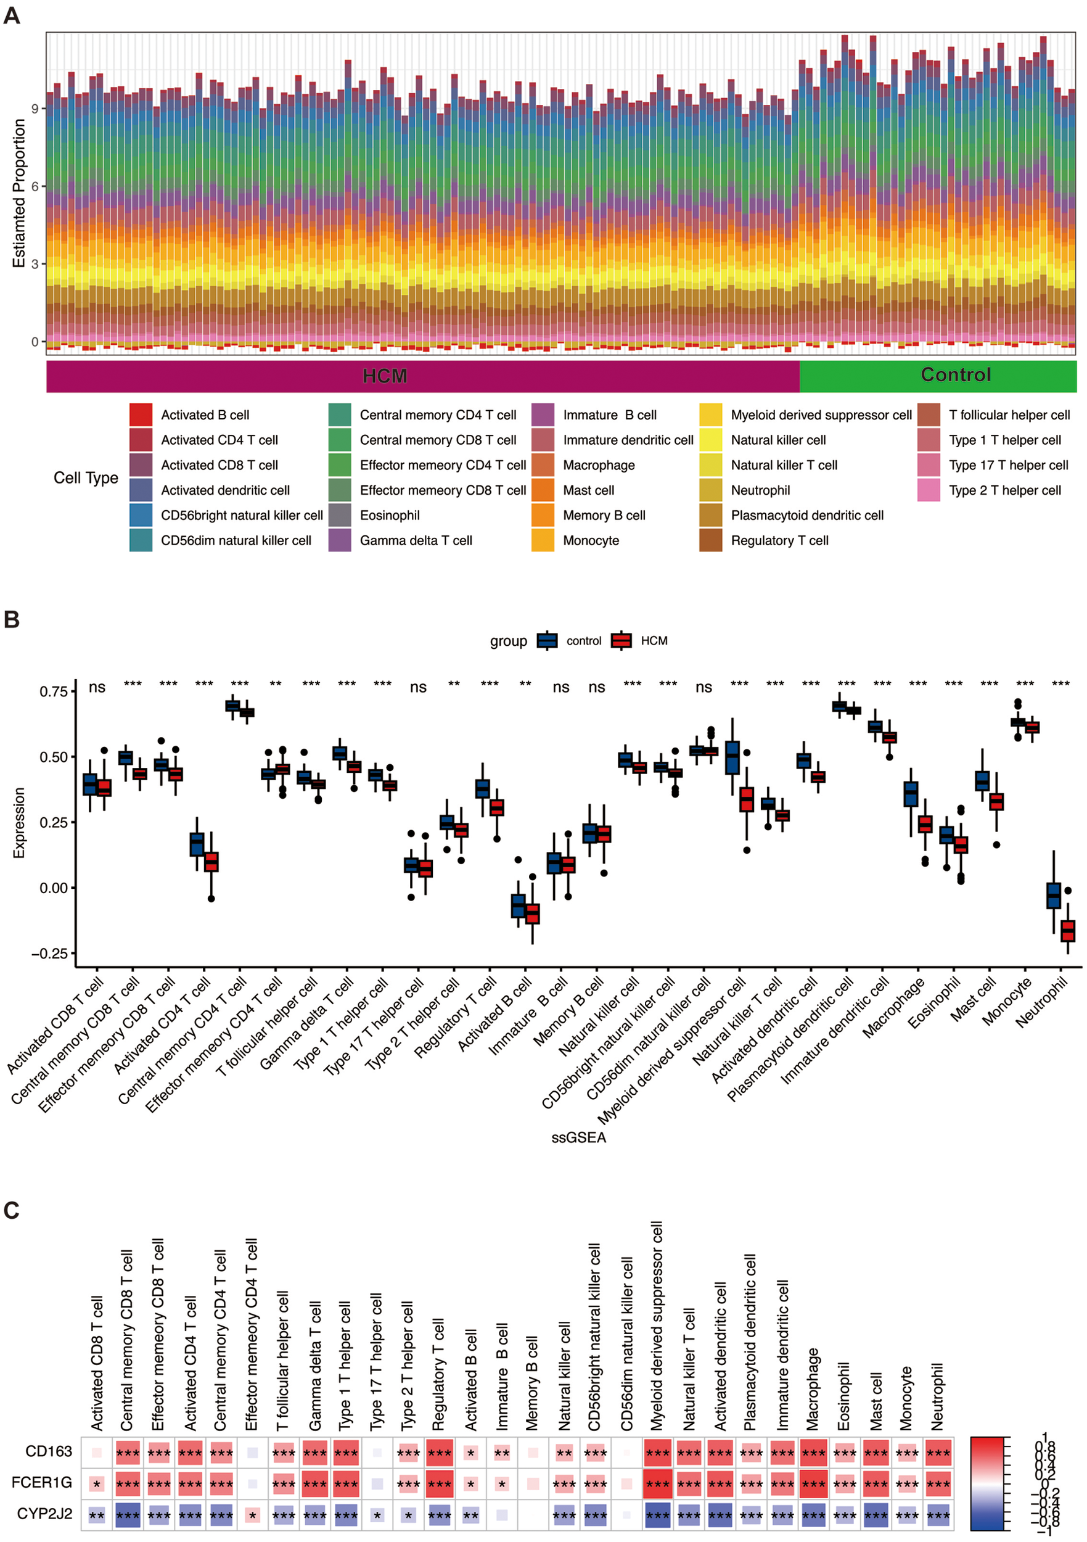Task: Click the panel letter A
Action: point(12,15)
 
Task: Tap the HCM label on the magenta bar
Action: point(384,376)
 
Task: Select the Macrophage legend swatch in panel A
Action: point(542,464)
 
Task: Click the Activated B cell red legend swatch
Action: point(141,414)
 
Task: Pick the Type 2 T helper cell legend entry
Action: point(1003,490)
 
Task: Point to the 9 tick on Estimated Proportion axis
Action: point(35,108)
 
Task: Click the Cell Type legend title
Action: point(85,477)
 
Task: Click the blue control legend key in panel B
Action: point(546,641)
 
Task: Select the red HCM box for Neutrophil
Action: point(1067,930)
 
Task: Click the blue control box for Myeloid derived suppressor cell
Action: point(732,757)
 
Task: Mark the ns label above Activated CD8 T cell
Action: point(97,687)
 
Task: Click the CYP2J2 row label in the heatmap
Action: point(44,1514)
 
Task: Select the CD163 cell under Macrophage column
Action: point(813,1453)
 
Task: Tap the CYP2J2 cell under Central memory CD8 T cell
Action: point(128,1514)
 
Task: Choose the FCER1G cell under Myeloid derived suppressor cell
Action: point(657,1483)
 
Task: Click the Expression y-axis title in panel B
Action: point(18,823)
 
